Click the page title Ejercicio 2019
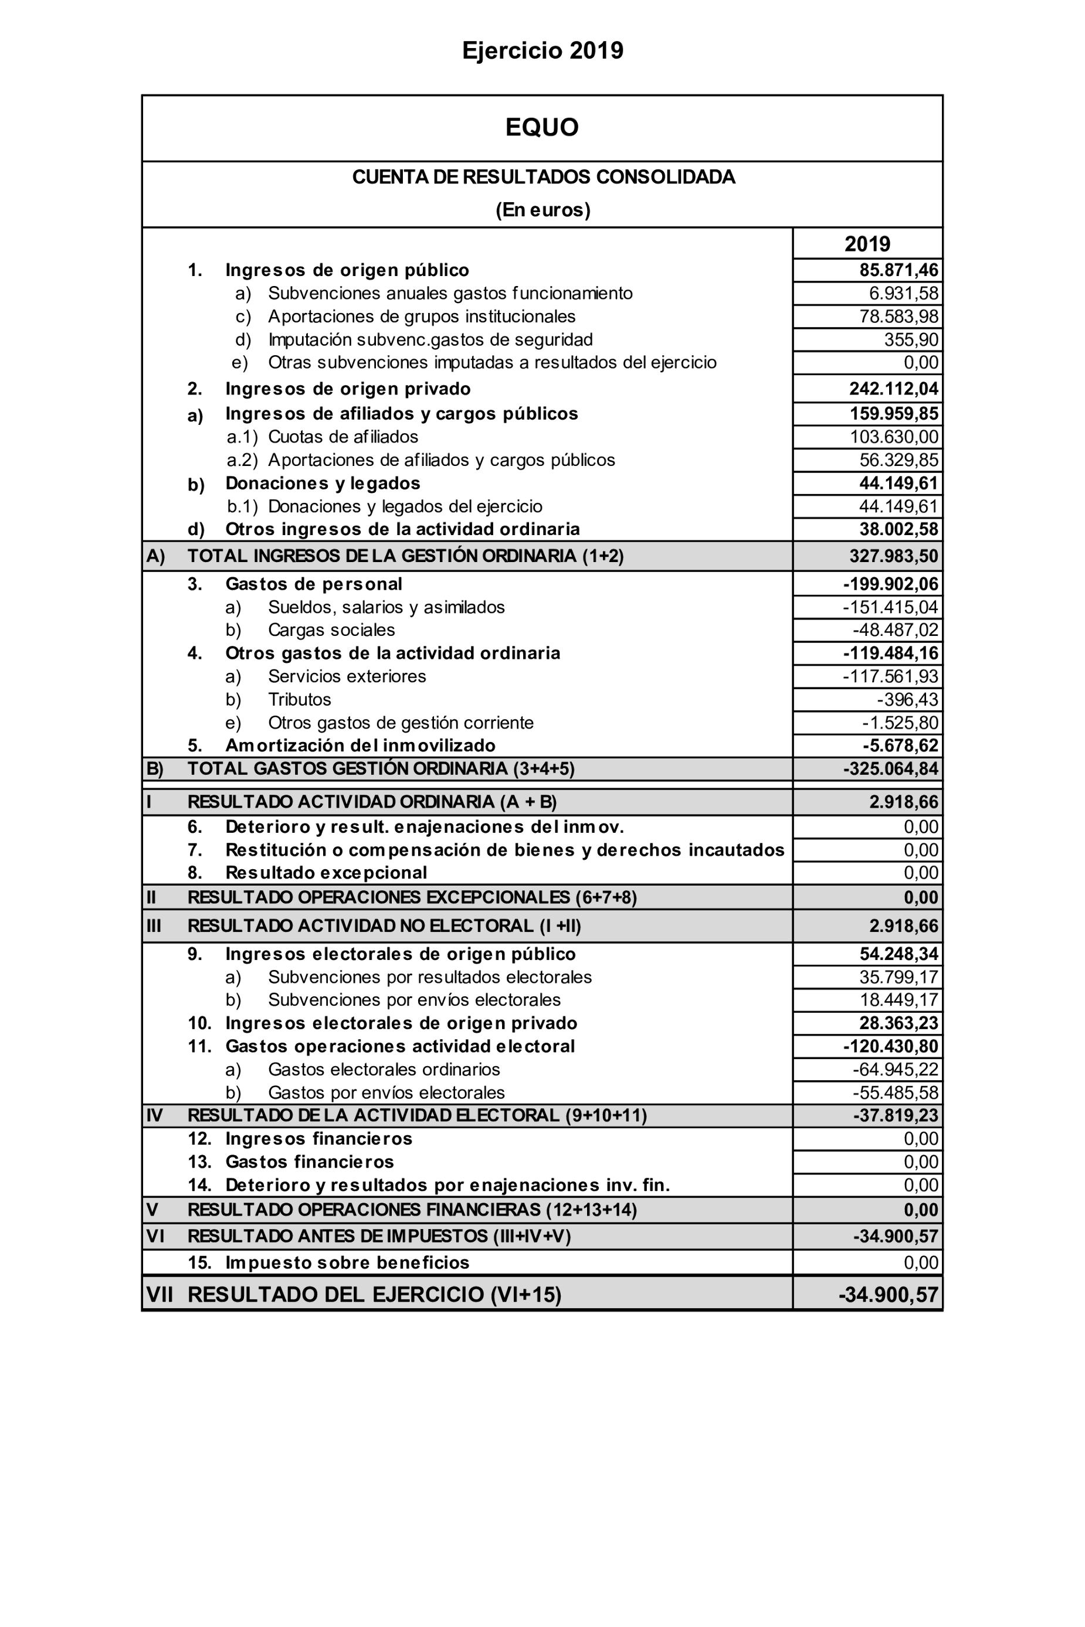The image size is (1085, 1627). pos(542,50)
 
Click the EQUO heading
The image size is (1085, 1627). pos(542,127)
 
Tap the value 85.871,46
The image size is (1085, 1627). pos(898,270)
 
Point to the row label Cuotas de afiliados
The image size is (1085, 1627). pos(343,437)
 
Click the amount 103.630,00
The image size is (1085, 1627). pos(894,437)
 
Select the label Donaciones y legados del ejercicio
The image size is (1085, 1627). pos(405,507)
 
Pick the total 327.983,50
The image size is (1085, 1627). pos(893,557)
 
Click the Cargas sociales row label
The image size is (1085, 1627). pos(331,631)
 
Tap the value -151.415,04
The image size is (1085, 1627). pos(890,608)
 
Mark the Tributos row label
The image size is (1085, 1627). pos(300,700)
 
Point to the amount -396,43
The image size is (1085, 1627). pos(907,700)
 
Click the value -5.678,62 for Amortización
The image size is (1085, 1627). pos(900,746)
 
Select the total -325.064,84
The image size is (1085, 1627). pos(890,769)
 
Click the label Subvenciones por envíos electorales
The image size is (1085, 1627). pos(414,1000)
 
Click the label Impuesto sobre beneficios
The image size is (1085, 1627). pos(347,1263)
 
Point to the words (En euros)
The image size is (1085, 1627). pos(542,210)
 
